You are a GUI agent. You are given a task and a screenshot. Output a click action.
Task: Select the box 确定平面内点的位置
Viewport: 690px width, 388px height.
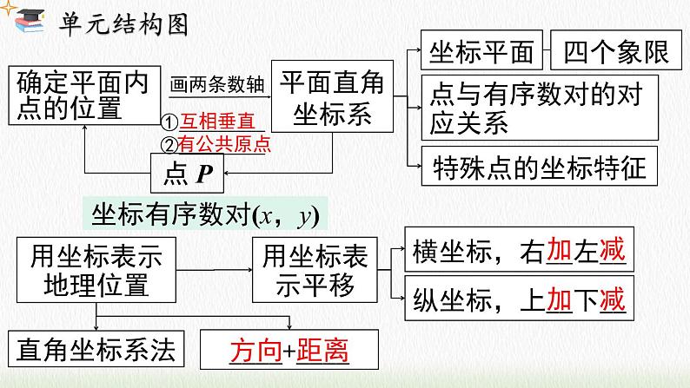point(83,95)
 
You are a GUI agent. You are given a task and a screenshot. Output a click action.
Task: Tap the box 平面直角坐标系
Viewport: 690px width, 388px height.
point(327,96)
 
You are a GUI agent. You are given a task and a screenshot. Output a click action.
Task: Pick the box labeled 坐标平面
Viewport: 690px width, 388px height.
point(481,53)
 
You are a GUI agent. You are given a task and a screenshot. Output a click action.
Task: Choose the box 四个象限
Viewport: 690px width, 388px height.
point(615,53)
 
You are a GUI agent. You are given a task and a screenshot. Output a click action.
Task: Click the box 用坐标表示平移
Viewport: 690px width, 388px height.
point(316,270)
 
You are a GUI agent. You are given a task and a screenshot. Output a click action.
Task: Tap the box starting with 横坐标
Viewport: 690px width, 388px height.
point(518,253)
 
